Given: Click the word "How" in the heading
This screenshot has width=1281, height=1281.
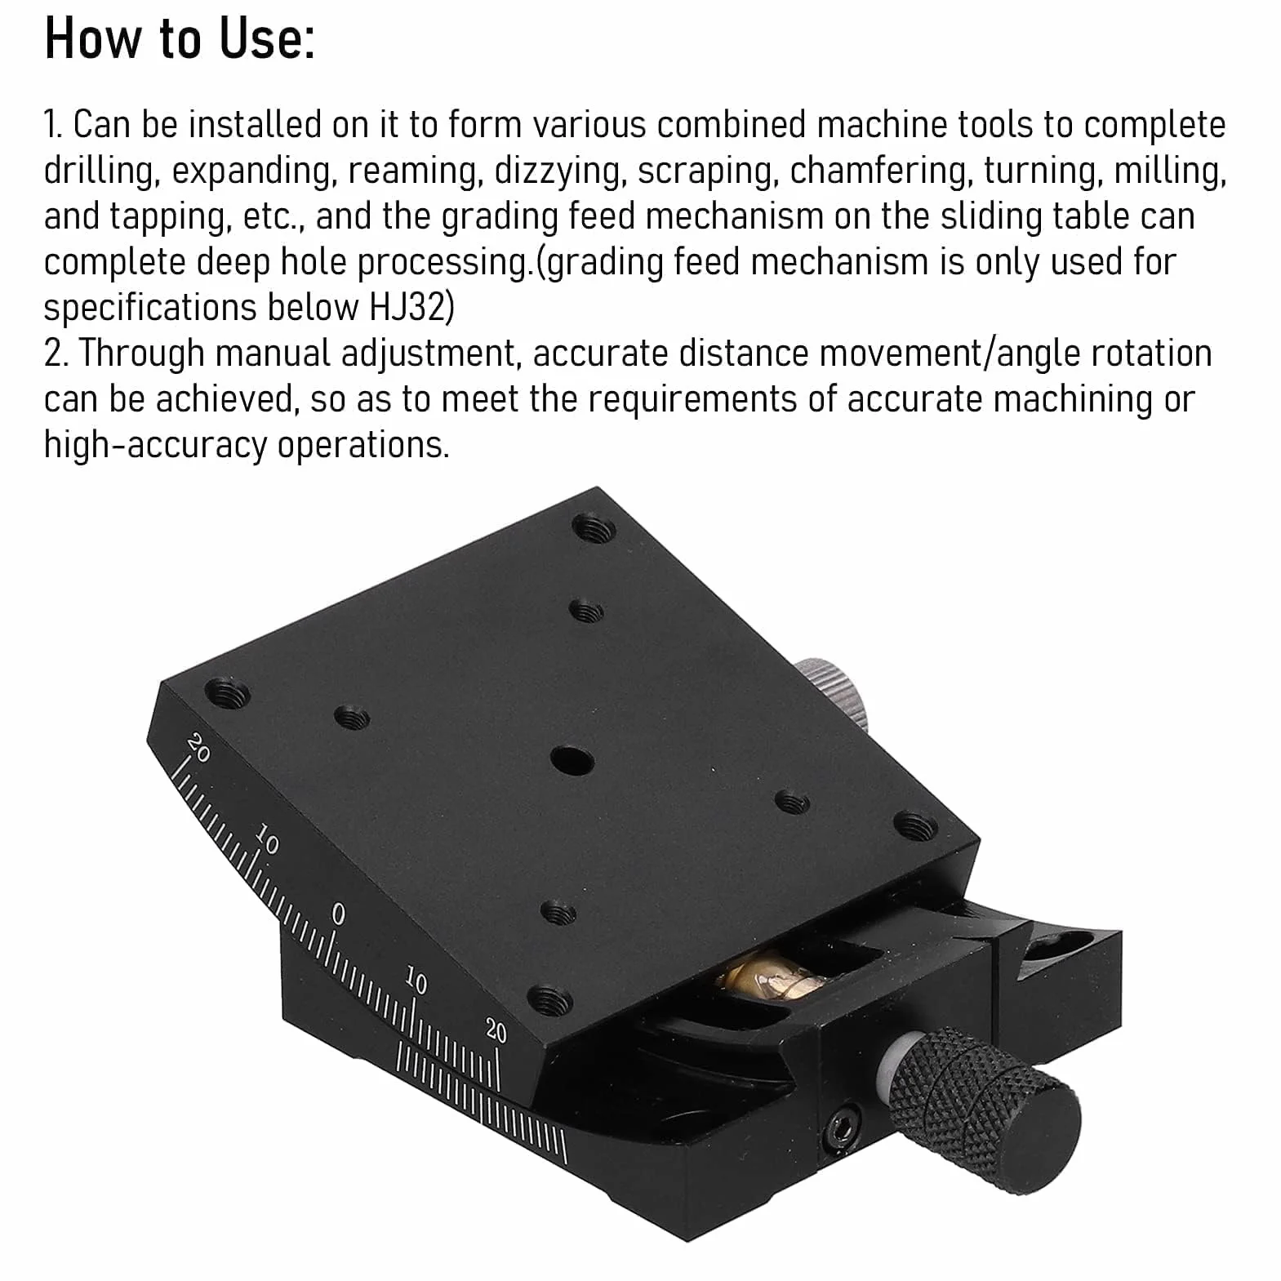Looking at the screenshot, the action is coord(92,38).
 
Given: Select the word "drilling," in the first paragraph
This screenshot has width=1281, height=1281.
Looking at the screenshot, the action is coord(100,171).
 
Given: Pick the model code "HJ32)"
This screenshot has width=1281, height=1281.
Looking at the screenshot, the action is coord(412,308).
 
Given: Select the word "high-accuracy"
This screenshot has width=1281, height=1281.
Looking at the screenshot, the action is coord(155,446).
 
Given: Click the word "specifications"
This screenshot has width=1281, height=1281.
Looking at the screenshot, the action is coord(149,309).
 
